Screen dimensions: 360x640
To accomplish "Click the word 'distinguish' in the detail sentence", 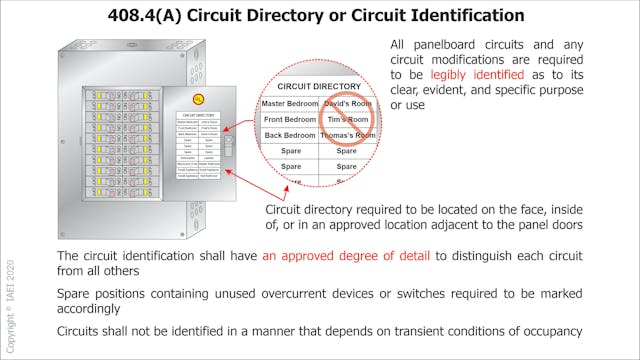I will coord(472,256).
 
